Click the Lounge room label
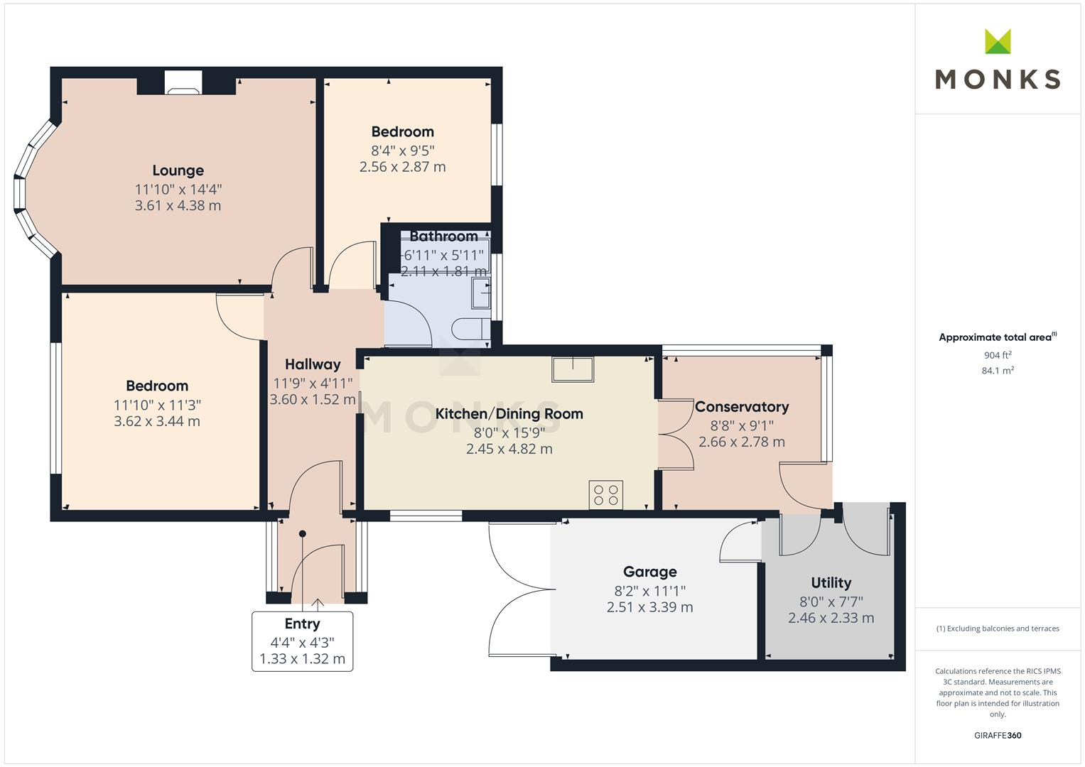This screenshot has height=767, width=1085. [x=178, y=170]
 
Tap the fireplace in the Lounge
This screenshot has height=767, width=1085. [x=183, y=85]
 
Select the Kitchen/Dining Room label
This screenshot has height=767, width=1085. [x=509, y=414]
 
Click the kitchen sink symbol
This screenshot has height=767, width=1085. [x=573, y=369]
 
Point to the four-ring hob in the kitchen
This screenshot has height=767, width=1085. [x=606, y=495]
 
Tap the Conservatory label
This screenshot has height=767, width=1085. [x=742, y=407]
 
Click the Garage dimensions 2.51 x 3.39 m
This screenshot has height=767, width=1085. [x=649, y=607]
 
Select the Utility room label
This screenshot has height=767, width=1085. [x=831, y=583]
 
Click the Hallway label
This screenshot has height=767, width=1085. [x=313, y=364]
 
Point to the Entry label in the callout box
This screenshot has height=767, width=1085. [x=302, y=624]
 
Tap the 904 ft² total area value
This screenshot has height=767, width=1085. [x=998, y=355]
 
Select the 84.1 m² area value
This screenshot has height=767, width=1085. [x=998, y=371]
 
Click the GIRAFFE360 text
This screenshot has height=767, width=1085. [x=998, y=735]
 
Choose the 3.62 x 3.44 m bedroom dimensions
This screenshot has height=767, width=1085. [x=157, y=421]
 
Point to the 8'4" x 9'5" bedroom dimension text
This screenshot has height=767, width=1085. [x=402, y=151]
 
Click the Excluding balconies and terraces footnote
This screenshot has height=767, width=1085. [x=998, y=629]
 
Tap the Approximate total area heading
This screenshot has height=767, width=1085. [x=996, y=337]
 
